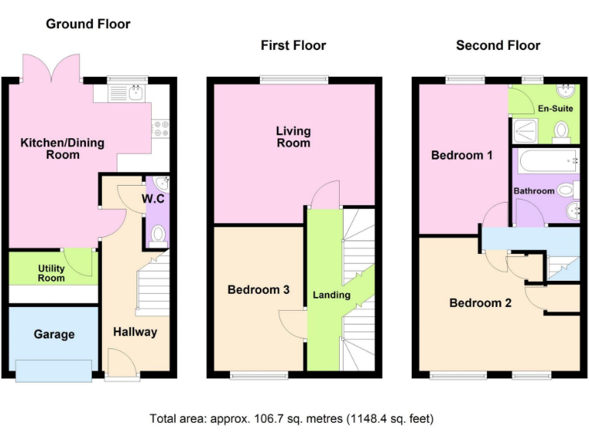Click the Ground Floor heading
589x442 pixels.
pyautogui.click(x=88, y=24)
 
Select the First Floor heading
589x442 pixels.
pyautogui.click(x=293, y=45)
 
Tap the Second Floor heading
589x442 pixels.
pyautogui.click(x=498, y=45)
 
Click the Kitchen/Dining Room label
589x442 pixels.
pyautogui.click(x=62, y=148)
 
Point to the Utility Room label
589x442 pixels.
pyautogui.click(x=52, y=273)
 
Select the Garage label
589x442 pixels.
pyautogui.click(x=54, y=335)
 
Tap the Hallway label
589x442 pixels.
pyautogui.click(x=135, y=331)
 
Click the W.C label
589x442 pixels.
pyautogui.click(x=153, y=200)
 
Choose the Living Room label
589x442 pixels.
pyautogui.click(x=294, y=137)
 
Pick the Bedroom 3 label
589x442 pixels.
pyautogui.click(x=258, y=290)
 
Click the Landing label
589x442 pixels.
pyautogui.click(x=331, y=295)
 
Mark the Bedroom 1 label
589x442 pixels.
pyautogui.click(x=462, y=155)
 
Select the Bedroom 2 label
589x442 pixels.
pyautogui.click(x=480, y=302)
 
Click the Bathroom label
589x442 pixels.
pyautogui.click(x=534, y=190)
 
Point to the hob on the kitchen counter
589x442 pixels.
pyautogui.click(x=161, y=129)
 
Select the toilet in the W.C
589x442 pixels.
pyautogui.click(x=159, y=233)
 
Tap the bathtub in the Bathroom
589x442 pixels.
pyautogui.click(x=549, y=162)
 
